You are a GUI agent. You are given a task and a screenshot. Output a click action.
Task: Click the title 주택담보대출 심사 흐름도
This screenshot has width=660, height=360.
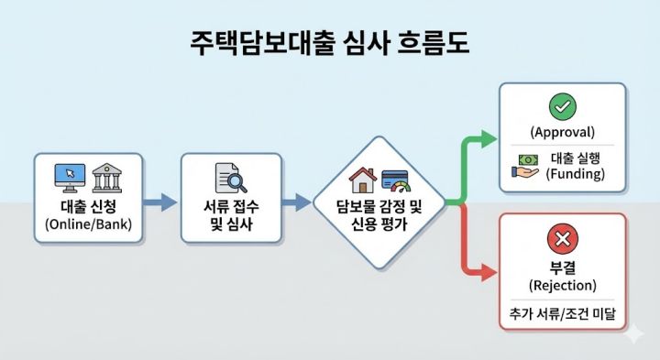pos(329,43)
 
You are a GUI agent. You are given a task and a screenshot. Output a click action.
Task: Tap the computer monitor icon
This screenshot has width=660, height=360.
pos(71,174)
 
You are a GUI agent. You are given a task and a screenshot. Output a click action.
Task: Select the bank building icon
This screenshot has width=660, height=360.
pos(108,174)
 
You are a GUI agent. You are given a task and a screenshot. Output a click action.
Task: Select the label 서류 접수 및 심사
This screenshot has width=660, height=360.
pos(229,213)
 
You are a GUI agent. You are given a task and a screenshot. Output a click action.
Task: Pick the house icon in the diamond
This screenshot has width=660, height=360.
pos(363,180)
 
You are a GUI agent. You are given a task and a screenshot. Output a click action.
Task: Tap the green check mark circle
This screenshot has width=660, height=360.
pos(562,107)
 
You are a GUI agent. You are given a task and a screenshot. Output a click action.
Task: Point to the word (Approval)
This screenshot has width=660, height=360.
pos(562,131)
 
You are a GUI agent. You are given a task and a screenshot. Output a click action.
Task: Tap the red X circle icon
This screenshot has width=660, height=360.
pos(562,240)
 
